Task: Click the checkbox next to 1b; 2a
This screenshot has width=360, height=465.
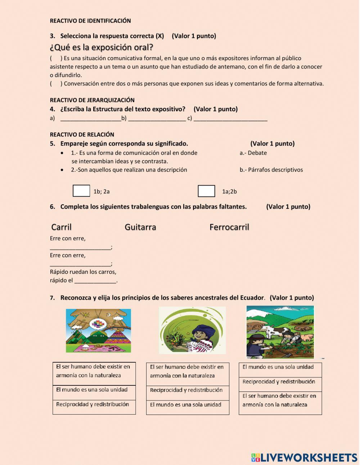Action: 81,191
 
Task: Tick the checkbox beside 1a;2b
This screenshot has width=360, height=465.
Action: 206,191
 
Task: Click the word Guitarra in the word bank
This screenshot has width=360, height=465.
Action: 140,227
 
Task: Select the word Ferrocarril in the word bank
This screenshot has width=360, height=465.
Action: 229,227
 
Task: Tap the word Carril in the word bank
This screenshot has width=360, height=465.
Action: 62,227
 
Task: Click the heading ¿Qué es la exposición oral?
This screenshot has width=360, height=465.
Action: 102,47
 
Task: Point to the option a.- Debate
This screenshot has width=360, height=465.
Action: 253,153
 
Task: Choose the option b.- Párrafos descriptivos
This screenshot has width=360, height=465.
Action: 271,170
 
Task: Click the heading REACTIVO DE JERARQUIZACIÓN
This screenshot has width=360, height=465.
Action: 92,100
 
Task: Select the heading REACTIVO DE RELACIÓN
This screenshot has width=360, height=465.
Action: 82,135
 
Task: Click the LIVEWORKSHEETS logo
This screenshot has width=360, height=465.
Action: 304,457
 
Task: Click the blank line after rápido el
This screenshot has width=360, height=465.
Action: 95,281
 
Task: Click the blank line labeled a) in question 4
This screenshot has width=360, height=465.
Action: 90,119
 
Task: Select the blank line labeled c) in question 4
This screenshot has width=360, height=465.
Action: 230,119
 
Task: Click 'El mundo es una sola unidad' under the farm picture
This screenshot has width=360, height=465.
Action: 278,367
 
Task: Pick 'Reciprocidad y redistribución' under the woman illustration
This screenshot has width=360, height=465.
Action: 186,390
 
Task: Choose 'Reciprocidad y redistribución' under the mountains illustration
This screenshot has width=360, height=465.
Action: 93,404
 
